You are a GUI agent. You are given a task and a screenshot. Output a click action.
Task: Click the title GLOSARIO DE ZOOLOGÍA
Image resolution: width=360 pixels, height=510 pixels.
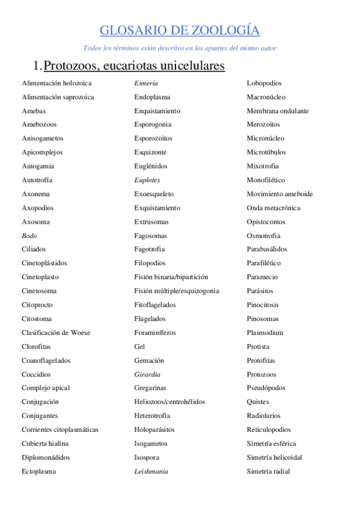180,31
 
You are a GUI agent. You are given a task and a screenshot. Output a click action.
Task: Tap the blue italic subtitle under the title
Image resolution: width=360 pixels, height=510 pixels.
180,48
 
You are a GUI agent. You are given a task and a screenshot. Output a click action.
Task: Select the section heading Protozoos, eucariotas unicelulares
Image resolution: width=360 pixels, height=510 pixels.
134,65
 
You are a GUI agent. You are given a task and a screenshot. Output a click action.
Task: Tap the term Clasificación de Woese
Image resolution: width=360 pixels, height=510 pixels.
55,333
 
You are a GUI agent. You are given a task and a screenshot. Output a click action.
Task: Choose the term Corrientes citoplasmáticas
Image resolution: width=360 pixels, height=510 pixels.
60,429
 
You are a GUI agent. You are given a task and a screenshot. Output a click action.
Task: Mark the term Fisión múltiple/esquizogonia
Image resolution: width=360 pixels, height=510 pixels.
177,291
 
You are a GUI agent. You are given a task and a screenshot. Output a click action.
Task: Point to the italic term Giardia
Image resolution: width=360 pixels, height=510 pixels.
147,374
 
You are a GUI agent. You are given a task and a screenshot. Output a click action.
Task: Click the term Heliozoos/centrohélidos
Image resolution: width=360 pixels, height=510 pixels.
169,402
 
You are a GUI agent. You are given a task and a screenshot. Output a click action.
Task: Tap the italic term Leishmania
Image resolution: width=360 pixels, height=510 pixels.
151,472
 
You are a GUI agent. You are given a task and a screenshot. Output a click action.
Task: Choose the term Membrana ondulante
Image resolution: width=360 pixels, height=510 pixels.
278,111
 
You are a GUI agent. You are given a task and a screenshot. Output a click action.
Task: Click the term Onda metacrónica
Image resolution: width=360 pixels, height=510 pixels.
273,208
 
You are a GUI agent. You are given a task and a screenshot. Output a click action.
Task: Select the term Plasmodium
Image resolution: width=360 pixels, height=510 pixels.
265,333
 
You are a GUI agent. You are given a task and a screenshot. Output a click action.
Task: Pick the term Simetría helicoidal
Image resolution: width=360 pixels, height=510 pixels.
274,457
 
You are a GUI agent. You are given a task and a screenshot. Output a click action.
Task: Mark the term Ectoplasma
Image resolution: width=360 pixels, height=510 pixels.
38,472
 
